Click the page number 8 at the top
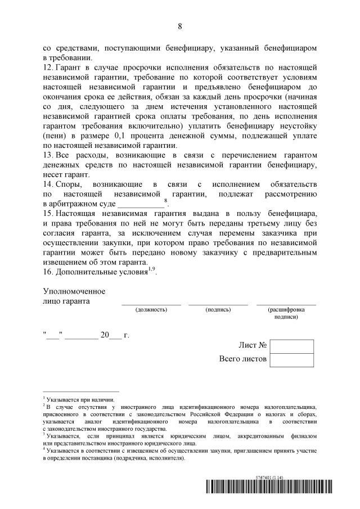coord(180,26)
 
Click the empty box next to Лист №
coord(291,346)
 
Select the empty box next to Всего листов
coord(291,360)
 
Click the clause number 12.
coord(48,67)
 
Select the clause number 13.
coord(48,154)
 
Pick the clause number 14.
coord(48,184)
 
